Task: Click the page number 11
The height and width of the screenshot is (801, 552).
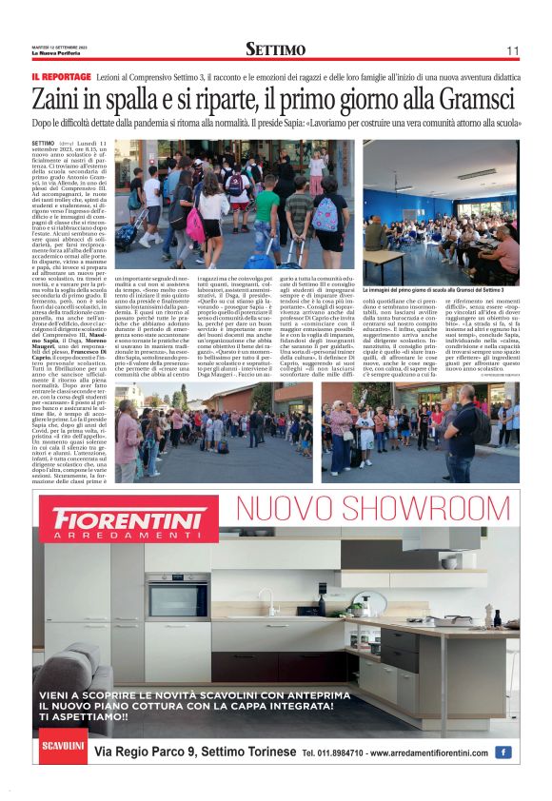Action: (x=512, y=49)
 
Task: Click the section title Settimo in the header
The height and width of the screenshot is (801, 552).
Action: (x=275, y=49)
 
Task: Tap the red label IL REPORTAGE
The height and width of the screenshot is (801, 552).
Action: (x=61, y=75)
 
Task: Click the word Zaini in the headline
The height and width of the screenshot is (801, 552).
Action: (x=63, y=100)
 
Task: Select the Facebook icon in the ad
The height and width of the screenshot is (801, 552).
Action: (x=503, y=752)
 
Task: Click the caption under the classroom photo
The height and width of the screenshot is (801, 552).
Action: (x=440, y=288)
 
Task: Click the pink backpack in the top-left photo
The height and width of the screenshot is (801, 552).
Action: (x=194, y=225)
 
